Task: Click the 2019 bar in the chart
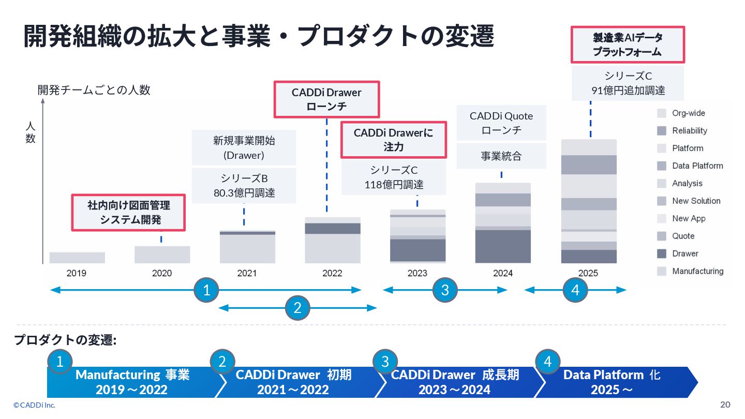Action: [77, 258]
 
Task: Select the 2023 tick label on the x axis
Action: [418, 273]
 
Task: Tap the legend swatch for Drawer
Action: [662, 253]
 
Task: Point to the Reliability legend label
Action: [690, 131]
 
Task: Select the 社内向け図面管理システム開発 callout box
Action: [128, 212]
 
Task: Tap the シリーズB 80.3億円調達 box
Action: [244, 186]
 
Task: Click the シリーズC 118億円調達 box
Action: [394, 177]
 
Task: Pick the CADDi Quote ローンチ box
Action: [501, 123]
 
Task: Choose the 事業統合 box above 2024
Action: [501, 156]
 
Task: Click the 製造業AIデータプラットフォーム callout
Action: [627, 44]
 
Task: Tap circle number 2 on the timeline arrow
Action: [297, 308]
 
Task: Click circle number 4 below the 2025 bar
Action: [575, 291]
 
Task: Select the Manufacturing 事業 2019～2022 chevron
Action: [132, 382]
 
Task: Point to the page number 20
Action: [725, 405]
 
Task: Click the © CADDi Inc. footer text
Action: [34, 405]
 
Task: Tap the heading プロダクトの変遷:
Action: [65, 340]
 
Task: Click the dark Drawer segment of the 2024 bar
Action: [503, 246]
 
